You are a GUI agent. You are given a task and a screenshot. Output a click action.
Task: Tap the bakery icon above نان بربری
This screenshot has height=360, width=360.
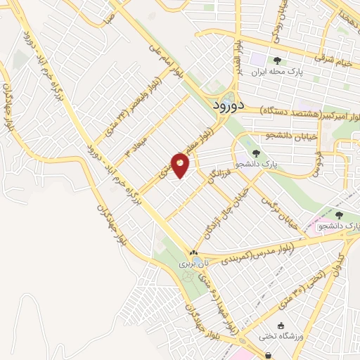(x=194, y=252)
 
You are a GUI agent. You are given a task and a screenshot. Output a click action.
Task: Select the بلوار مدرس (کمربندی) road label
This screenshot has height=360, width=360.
(x=247, y=256)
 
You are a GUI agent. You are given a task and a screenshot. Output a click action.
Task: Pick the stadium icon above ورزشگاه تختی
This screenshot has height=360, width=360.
(x=282, y=326)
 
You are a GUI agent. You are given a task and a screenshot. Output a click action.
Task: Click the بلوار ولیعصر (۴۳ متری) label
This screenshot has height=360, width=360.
(x=150, y=97)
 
